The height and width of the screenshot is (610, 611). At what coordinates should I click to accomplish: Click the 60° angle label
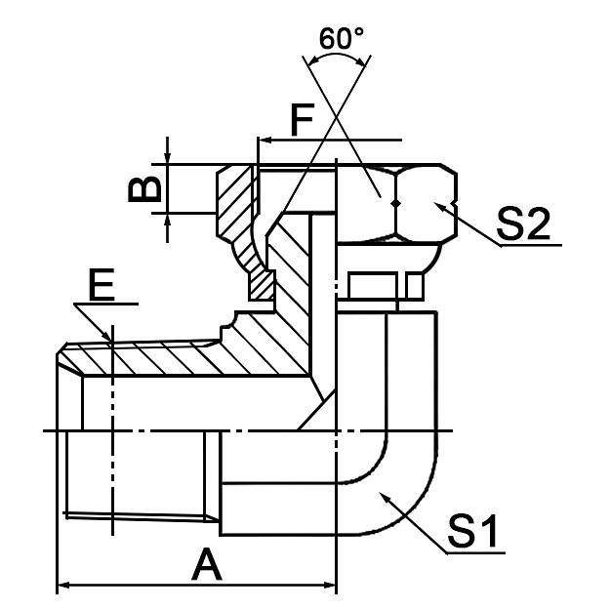(x=341, y=39)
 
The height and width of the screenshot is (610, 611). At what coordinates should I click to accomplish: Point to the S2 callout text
(x=523, y=224)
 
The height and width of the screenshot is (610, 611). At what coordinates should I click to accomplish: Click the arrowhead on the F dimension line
(x=264, y=141)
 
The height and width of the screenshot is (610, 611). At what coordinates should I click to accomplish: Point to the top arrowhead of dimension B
(x=169, y=158)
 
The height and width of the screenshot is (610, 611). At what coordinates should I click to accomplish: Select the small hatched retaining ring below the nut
(x=261, y=284)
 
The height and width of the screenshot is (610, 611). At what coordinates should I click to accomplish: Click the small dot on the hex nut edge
(x=395, y=202)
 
